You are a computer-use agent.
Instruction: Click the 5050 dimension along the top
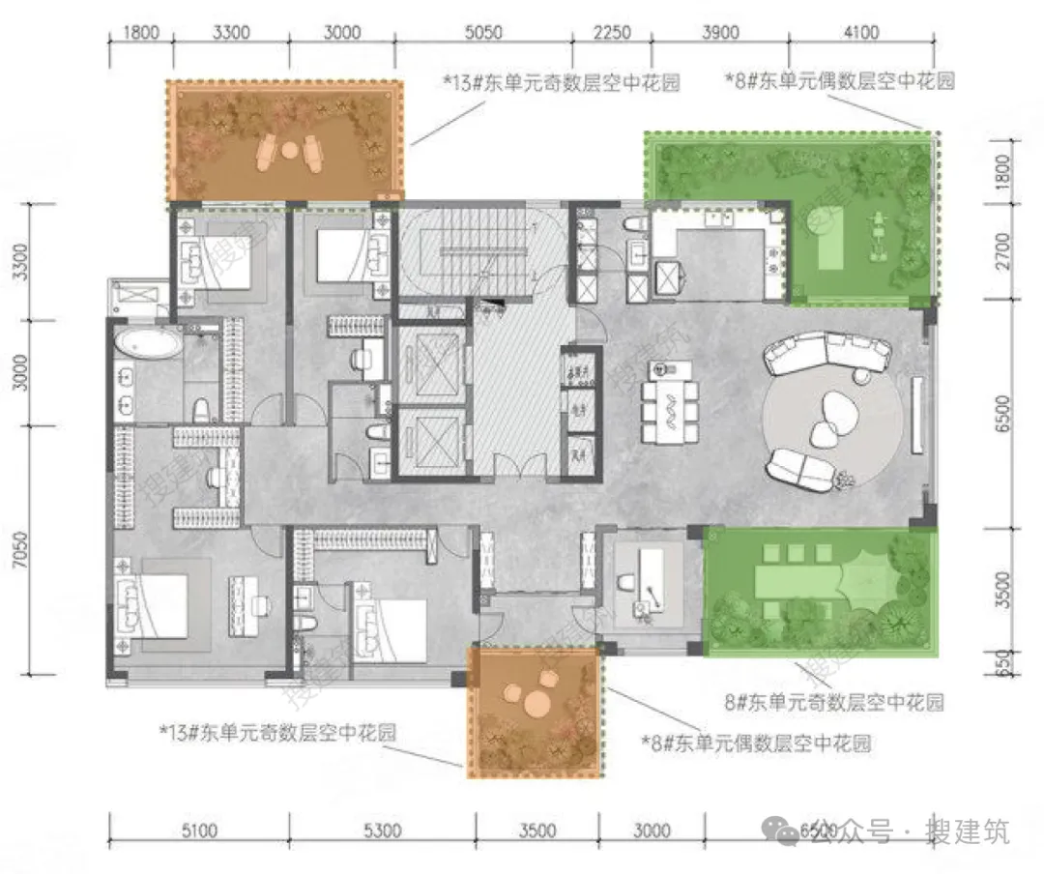[483, 32]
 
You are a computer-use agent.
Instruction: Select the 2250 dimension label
[611, 32]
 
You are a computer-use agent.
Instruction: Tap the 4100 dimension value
[860, 32]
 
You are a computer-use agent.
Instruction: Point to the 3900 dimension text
[719, 32]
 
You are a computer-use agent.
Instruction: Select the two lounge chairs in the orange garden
[290, 150]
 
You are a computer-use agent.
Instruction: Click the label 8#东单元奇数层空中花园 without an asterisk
[833, 701]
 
